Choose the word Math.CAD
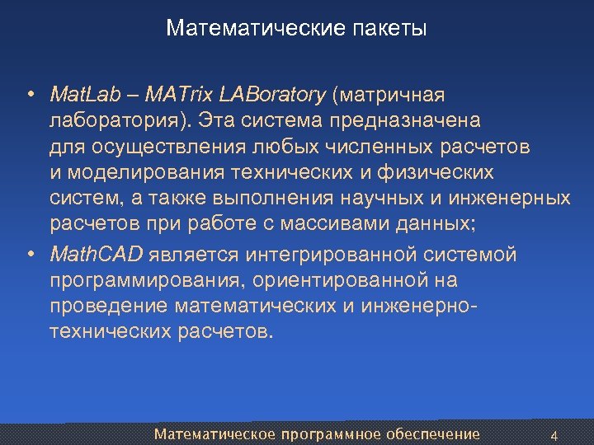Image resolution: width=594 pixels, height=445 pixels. coord(96,255)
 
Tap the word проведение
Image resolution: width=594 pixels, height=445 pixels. coord(109,307)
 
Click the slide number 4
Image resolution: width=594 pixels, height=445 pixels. coord(554,435)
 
